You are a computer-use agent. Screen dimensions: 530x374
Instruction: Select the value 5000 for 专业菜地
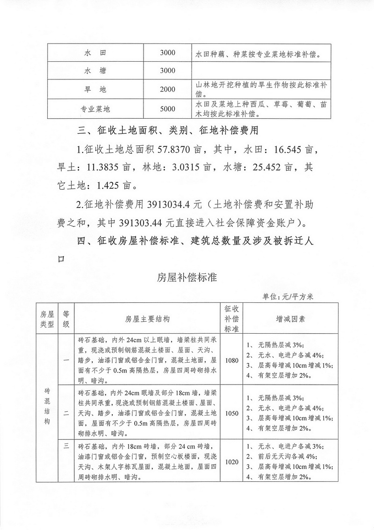(167, 109)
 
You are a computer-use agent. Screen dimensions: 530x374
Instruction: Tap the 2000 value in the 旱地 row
(167, 90)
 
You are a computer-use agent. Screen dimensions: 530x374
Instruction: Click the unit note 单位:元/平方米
(290, 296)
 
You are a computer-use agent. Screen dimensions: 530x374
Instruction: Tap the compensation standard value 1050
(231, 413)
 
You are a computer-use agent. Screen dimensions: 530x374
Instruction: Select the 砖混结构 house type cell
(47, 406)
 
